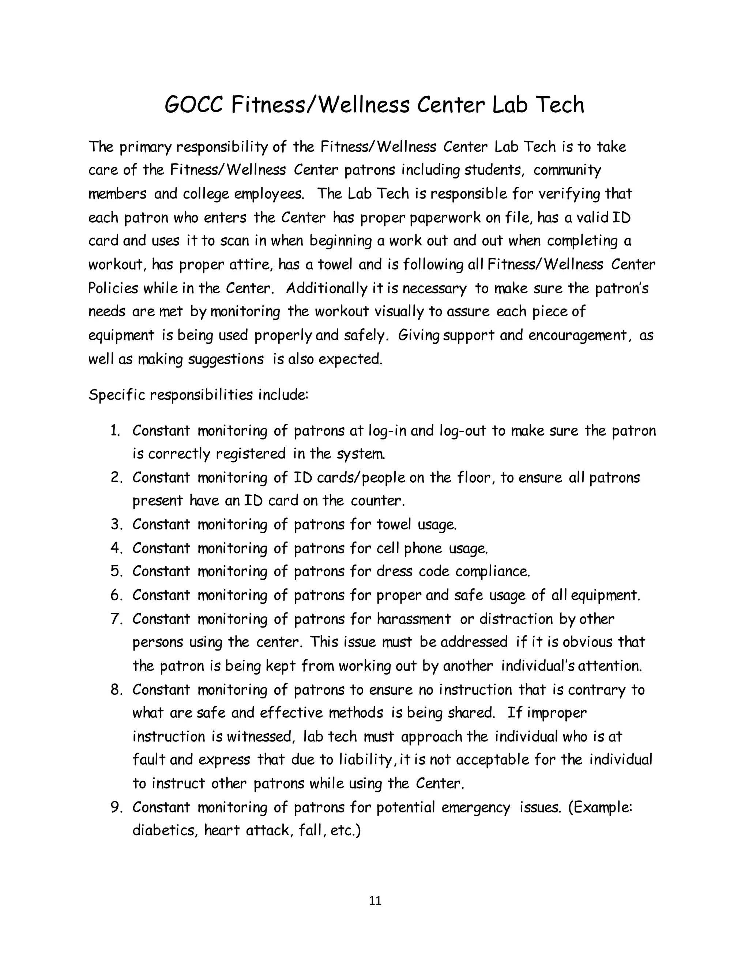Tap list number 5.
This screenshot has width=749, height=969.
point(116,571)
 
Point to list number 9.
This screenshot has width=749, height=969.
point(116,807)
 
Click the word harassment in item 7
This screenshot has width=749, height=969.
point(414,618)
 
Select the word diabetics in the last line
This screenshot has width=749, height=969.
point(165,830)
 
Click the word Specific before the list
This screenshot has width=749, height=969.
point(117,395)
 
